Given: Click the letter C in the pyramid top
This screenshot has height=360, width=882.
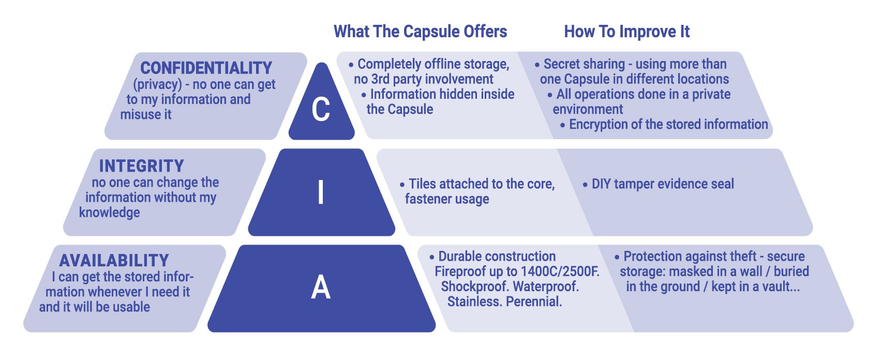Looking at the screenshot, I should tap(321, 109).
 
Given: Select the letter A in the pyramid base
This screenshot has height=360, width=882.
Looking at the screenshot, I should tap(321, 288).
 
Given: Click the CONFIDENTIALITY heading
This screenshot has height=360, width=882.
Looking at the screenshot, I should tap(206, 68).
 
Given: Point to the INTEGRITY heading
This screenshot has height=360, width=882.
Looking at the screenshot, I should tap(141, 166).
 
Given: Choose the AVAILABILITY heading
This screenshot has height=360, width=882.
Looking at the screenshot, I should tap(114, 260).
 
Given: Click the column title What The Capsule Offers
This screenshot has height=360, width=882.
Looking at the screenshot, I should tap(420, 32).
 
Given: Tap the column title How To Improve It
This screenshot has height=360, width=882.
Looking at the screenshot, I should tap(626, 32).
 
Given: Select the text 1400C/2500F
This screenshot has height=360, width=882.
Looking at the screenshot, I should tap(560, 272).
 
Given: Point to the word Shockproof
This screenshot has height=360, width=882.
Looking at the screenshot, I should tap(474, 287).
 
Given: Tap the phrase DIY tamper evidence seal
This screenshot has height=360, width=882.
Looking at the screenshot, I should tap(662, 184).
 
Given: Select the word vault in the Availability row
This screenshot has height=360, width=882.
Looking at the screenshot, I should tap(781, 287).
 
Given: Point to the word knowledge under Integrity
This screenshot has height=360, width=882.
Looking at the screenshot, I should tap(109, 213).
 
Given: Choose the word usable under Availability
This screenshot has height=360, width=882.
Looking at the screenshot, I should tap(132, 307).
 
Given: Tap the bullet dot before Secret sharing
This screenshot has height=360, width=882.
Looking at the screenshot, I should tap(537, 65).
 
